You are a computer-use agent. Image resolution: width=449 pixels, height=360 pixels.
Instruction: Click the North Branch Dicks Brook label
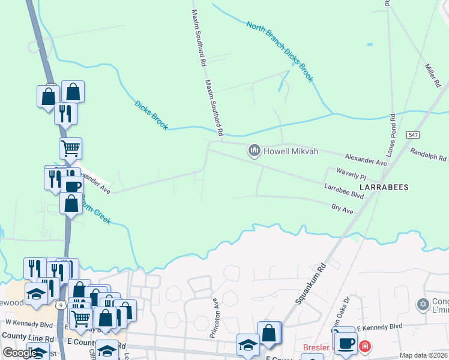[280, 52]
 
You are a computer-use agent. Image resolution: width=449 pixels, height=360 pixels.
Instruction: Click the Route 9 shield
[61, 305]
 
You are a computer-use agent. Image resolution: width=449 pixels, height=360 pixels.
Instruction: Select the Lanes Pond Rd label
[391, 135]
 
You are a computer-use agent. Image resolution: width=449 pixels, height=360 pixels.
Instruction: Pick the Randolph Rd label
[429, 154]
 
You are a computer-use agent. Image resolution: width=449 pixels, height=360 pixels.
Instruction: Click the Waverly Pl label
[351, 174]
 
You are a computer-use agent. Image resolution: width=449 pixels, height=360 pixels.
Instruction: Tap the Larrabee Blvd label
[344, 191]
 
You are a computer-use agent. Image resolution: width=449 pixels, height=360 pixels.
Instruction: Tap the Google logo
[19, 353]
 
